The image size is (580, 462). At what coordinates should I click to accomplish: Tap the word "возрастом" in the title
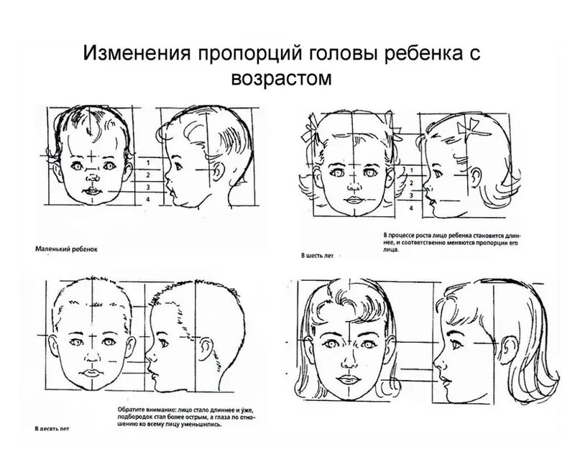coord(283,78)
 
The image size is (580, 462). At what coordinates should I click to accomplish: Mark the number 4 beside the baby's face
coord(147,199)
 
